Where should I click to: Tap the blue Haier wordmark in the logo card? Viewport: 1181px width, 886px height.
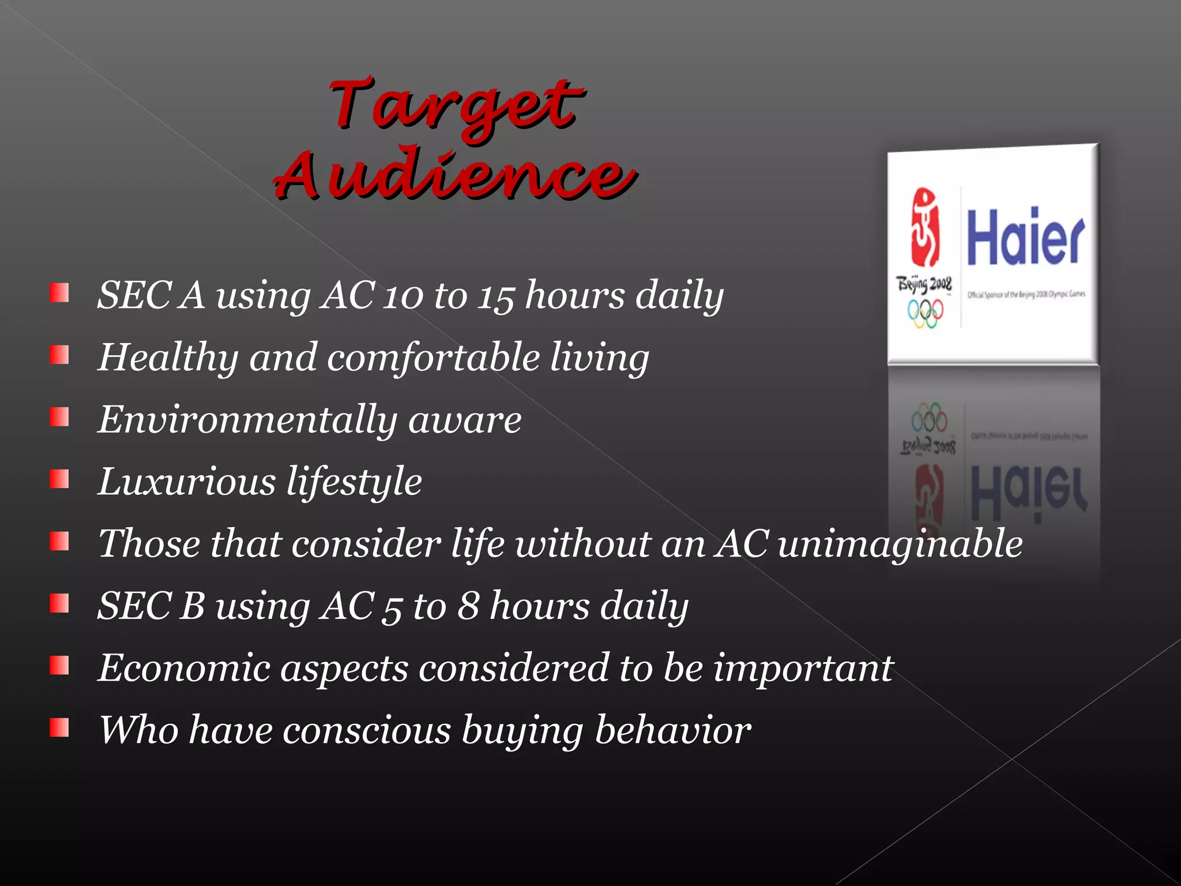1025,238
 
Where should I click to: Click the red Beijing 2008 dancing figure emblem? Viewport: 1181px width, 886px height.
924,227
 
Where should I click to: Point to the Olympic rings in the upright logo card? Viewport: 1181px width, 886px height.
925,314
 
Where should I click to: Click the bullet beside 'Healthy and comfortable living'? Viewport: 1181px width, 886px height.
59,355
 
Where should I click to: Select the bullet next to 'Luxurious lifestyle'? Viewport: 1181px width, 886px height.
59,479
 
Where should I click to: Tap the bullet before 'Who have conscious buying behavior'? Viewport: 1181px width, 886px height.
59,728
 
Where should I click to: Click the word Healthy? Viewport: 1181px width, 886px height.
168,358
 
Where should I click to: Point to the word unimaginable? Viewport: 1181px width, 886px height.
900,545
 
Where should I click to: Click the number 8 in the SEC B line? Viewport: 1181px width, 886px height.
468,606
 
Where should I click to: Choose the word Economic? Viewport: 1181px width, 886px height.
184,668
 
